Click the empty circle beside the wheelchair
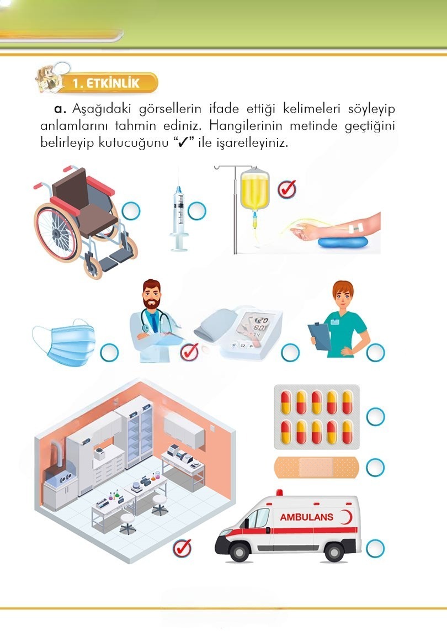[x=131, y=210]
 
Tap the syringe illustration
[x=179, y=219]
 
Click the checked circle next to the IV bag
[x=287, y=189]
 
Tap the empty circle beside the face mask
[x=109, y=353]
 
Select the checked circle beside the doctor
[x=189, y=352]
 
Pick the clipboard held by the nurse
[x=320, y=336]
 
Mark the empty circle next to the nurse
[x=375, y=353]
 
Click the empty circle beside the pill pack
[x=375, y=417]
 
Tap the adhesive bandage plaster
[x=316, y=467]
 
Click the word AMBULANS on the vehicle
[x=307, y=517]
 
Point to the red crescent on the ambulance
[x=345, y=517]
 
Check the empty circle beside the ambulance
[x=375, y=549]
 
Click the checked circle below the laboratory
[x=182, y=548]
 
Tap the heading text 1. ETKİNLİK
[x=106, y=83]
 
